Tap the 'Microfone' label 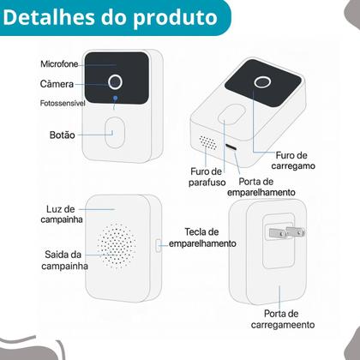coord(60,65)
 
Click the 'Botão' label coord(62,135)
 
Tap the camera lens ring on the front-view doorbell coord(116,82)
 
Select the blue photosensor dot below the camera coord(116,99)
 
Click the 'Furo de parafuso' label coord(206,177)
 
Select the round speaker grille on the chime coord(115,243)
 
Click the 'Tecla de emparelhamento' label coord(202,237)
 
